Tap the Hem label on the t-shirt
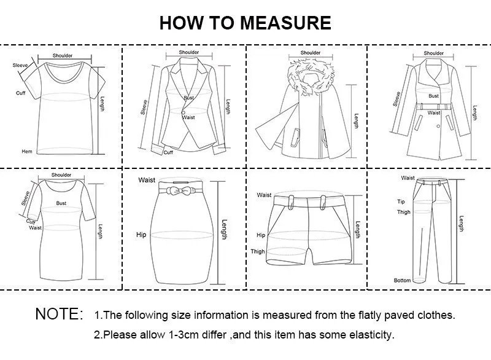(26, 151)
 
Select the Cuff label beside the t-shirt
(21, 93)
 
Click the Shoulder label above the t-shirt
(62, 56)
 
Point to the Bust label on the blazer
(188, 98)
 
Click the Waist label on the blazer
(188, 117)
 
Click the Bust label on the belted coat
(433, 96)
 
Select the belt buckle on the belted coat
(434, 106)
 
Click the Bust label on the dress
(61, 202)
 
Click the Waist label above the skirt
(147, 180)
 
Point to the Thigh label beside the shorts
(257, 252)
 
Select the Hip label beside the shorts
(261, 235)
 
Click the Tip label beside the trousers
(401, 202)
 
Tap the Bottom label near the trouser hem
(402, 280)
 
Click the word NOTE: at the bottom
(60, 315)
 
